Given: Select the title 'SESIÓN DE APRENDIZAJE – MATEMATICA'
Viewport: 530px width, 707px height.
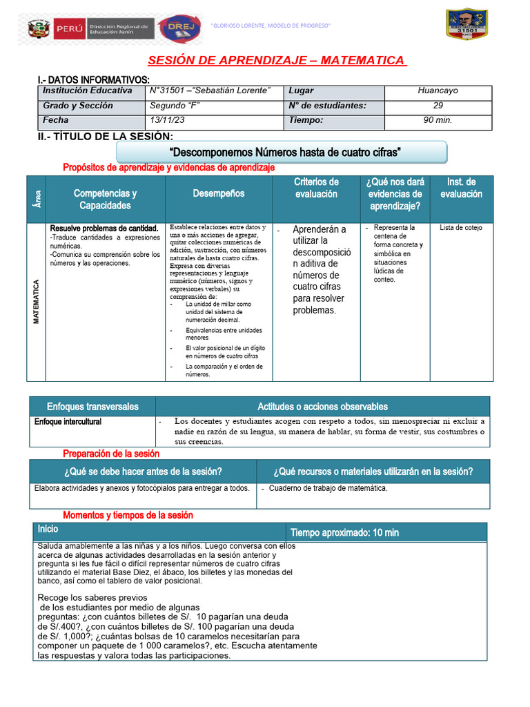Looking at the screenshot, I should (x=277, y=61).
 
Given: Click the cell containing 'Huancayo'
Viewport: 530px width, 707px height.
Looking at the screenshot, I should (x=438, y=91).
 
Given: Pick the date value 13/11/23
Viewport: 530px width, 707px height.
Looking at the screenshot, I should (x=168, y=120).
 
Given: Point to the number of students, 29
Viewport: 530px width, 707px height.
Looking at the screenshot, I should (x=438, y=106).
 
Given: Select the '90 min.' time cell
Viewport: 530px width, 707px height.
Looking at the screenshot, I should (x=438, y=120).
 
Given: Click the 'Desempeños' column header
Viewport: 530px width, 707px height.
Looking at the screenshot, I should (x=219, y=194).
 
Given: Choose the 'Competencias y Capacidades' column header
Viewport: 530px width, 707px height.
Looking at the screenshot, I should (x=105, y=200).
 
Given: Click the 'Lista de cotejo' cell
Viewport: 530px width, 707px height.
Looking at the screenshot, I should (x=461, y=228).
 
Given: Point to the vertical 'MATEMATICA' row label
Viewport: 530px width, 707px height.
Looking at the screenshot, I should (x=37, y=302).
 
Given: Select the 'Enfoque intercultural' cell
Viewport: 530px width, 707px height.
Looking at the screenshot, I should (x=68, y=421).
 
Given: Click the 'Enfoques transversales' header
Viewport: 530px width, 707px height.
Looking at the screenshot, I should (x=92, y=407).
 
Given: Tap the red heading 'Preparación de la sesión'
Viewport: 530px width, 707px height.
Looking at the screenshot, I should (x=111, y=454).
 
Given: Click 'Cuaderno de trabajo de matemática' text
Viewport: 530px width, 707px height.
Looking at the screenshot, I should (x=328, y=488).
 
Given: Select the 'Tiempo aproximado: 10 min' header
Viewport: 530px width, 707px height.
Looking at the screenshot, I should (x=344, y=532).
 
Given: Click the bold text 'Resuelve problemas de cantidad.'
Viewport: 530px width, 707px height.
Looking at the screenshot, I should (x=104, y=228).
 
